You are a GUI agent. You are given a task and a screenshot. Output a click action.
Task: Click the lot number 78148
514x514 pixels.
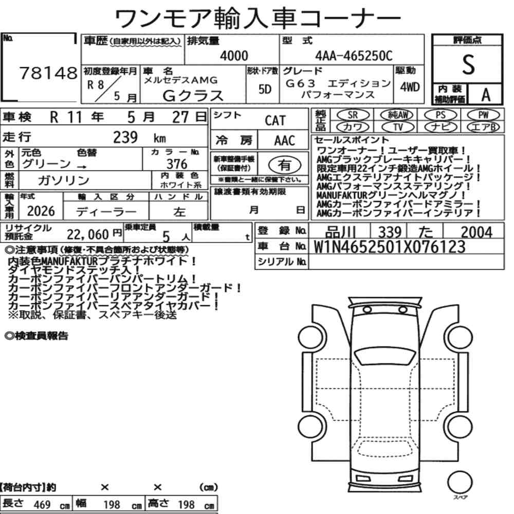[48, 73]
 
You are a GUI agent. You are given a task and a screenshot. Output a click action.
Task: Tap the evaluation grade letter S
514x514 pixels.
[468, 64]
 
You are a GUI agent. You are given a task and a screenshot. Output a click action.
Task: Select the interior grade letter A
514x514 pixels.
[486, 95]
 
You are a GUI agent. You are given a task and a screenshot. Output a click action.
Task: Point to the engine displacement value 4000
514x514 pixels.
[234, 56]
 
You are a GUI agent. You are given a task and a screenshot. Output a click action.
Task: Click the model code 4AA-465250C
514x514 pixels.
[354, 56]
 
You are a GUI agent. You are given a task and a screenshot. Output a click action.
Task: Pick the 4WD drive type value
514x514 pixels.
[410, 87]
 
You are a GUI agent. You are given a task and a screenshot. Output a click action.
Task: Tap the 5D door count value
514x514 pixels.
[265, 89]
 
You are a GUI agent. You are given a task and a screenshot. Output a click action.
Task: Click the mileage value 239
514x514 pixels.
[125, 137]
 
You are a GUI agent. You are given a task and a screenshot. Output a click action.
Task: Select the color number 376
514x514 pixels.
[177, 164]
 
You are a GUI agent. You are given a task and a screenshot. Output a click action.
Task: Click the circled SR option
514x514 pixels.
[353, 115]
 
